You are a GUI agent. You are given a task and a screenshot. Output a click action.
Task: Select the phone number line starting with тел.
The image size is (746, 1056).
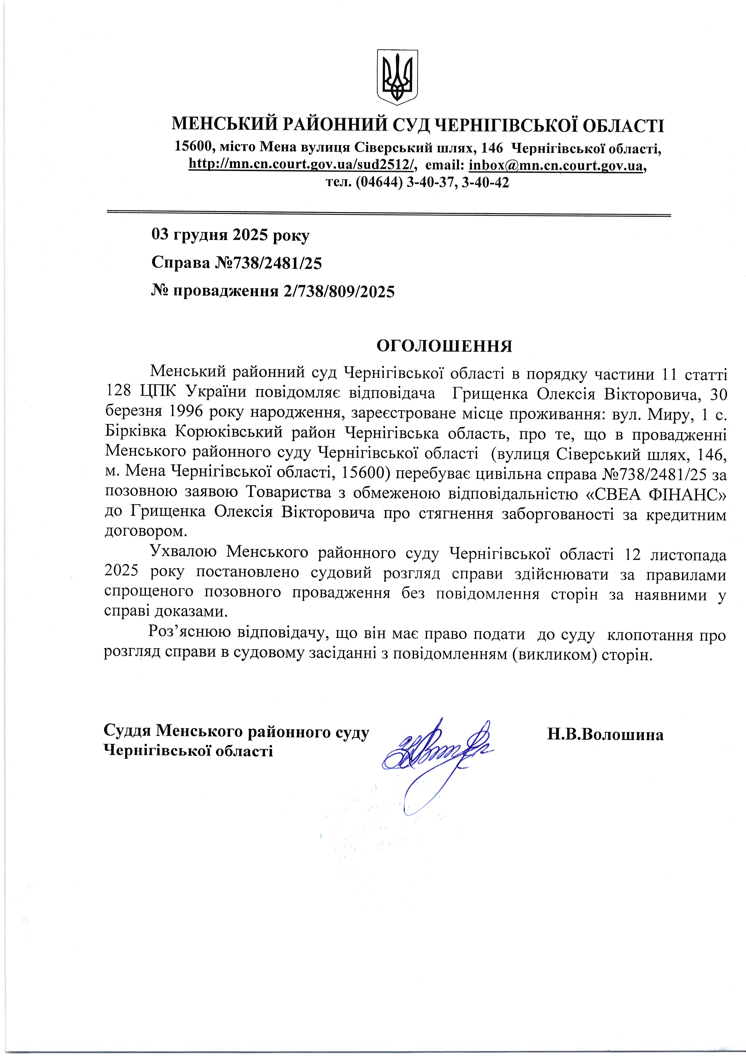pos(417,183)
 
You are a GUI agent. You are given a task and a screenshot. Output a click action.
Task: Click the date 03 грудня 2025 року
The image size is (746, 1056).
pos(230,235)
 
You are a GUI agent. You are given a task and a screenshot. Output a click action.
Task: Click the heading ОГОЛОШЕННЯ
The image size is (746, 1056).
pos(444,346)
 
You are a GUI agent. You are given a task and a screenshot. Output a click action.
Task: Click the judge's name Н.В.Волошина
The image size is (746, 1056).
pos(605,735)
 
